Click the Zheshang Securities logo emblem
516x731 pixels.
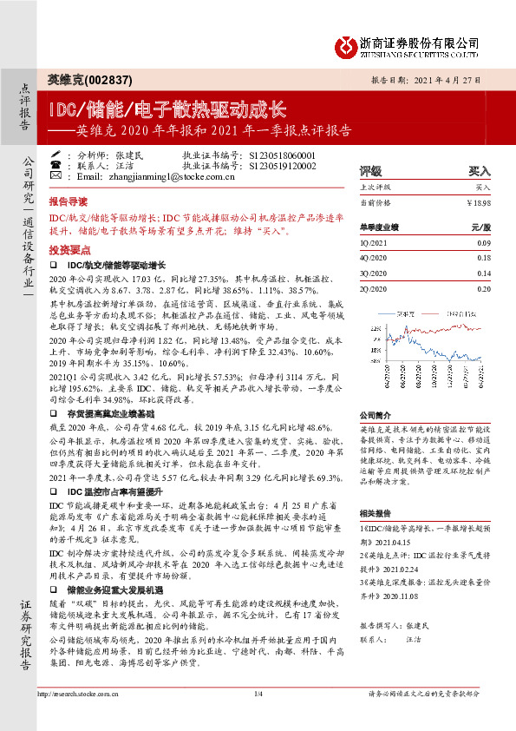346,43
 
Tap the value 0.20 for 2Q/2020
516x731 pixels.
483,287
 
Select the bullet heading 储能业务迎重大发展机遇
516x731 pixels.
119,589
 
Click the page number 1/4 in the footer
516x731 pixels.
258,717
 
